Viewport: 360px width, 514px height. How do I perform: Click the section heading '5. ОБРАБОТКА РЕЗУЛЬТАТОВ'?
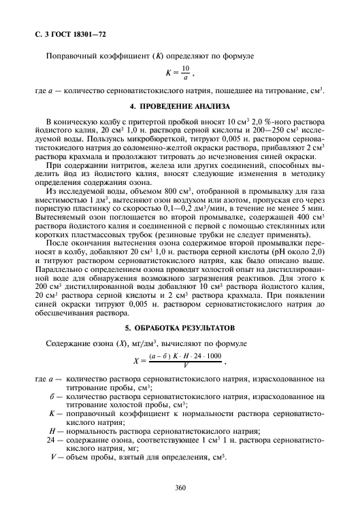180,325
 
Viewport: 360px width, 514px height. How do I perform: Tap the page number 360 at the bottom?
180,487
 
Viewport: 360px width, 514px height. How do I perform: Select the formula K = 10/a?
180,71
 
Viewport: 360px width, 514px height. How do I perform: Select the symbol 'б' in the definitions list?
52,395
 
